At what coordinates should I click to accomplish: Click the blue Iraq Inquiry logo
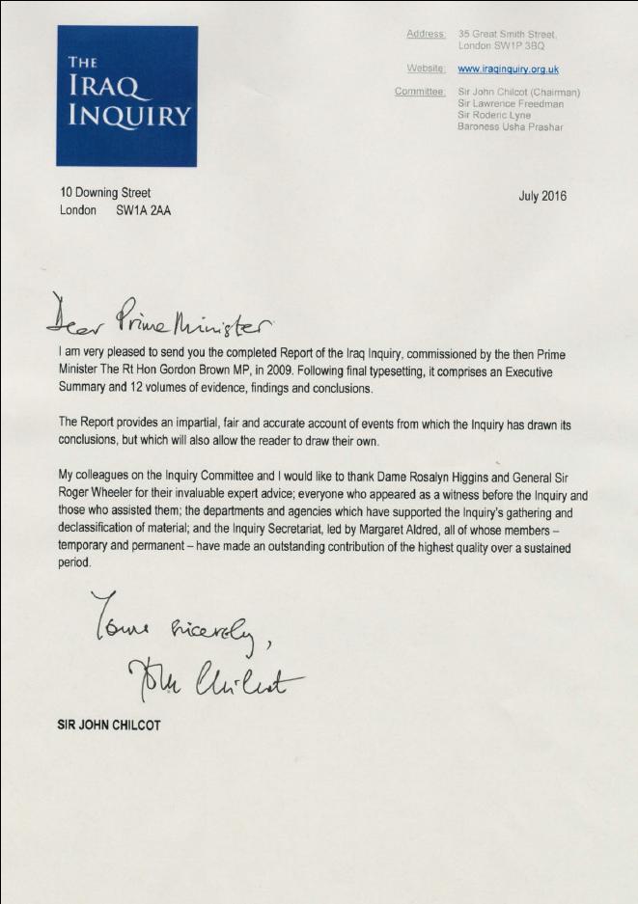tap(126, 96)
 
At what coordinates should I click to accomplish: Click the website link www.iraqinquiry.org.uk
tap(508, 69)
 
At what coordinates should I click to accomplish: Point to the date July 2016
tap(542, 197)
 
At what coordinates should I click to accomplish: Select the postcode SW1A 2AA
tap(143, 210)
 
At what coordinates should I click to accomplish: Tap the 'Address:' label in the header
tap(426, 35)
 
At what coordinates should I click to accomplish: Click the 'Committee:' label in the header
tap(420, 93)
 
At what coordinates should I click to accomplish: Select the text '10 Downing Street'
tap(105, 193)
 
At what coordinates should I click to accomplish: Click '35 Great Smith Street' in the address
tap(509, 35)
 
